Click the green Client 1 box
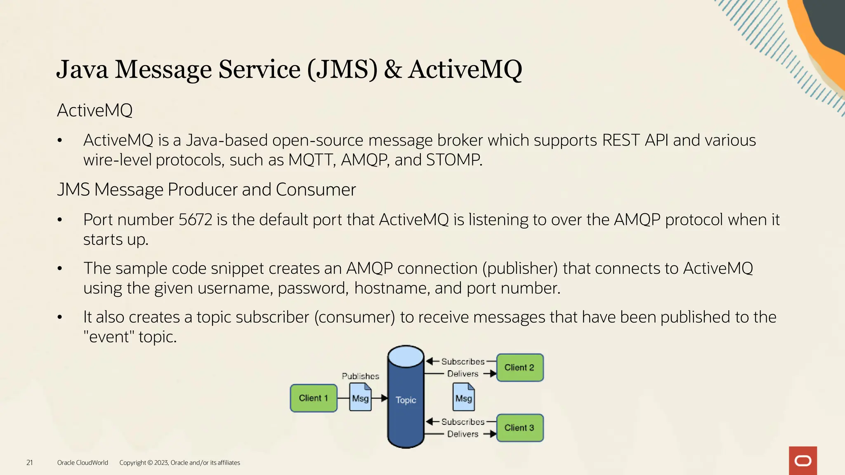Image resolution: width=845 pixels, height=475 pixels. tap(314, 398)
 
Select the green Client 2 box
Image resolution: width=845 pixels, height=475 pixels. tap(519, 367)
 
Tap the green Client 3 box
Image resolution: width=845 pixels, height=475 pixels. tap(519, 428)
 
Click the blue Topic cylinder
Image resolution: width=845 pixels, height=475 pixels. tap(406, 400)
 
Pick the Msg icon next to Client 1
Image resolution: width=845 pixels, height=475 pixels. tap(360, 397)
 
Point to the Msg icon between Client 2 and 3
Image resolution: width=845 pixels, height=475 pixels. tap(464, 397)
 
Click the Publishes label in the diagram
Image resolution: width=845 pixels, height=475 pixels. tap(360, 376)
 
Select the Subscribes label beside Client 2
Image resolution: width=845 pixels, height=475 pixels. tap(463, 362)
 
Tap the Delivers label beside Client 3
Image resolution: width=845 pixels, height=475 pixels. tap(463, 434)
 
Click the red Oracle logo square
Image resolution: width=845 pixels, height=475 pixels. tap(803, 461)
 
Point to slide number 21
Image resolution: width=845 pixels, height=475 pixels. tap(30, 463)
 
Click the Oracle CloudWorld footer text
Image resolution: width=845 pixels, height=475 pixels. tap(83, 463)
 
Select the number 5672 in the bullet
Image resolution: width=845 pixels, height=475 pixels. tap(195, 220)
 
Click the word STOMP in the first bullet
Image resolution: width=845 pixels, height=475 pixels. tap(453, 160)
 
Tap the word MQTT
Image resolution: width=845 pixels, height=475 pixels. tap(312, 160)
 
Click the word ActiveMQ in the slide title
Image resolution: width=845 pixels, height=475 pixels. tap(465, 69)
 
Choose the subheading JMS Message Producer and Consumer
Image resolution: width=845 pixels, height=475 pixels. tap(206, 190)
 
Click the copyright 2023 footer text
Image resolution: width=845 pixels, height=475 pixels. tap(179, 463)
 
